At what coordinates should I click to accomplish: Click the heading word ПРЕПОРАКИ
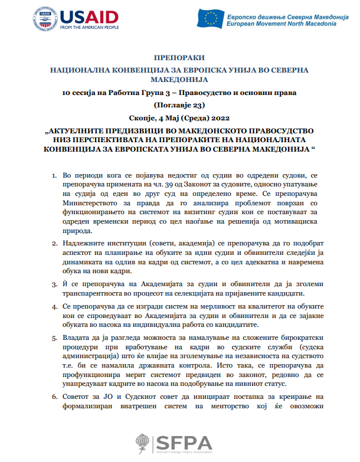tap(179, 58)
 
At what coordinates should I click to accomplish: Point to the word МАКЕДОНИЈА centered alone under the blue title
tap(179, 80)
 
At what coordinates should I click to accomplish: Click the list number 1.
tap(53, 176)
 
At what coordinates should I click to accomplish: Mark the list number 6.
tap(53, 397)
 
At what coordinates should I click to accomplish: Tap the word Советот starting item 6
tap(78, 397)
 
